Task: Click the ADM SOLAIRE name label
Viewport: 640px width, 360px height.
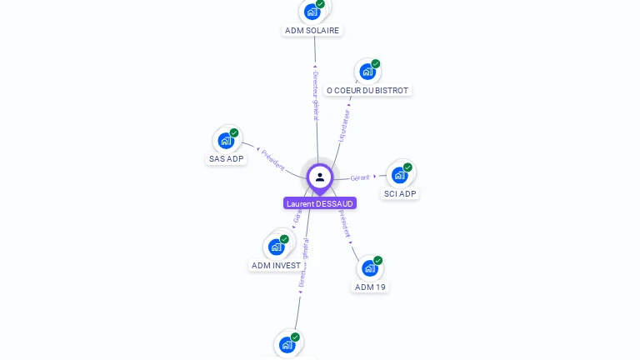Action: coord(312,31)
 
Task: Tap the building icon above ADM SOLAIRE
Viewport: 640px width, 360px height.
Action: coord(312,11)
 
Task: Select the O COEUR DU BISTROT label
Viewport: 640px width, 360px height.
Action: coord(367,90)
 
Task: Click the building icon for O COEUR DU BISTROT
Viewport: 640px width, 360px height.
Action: coord(367,72)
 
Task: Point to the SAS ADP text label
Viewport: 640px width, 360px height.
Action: coord(226,158)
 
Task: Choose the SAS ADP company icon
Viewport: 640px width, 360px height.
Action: coord(225,140)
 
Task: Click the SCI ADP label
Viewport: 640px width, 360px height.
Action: coord(399,193)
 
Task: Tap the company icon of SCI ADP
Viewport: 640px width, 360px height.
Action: coord(399,175)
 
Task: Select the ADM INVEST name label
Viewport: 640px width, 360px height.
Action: coord(276,265)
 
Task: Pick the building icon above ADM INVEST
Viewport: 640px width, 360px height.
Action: coord(276,247)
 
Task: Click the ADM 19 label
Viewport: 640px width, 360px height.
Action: coord(370,287)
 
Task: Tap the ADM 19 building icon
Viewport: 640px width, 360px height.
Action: coord(369,268)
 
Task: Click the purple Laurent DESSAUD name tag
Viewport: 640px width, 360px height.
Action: coord(320,203)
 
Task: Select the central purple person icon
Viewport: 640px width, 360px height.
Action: coord(320,177)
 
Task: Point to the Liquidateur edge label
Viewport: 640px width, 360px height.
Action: coord(344,123)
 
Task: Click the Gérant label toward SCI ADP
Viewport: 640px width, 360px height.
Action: coord(360,177)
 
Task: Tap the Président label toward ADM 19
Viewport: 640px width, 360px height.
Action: coord(345,224)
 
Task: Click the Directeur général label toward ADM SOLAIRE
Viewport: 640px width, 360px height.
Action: coord(315,93)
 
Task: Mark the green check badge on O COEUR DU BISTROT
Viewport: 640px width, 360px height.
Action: coord(376,64)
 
